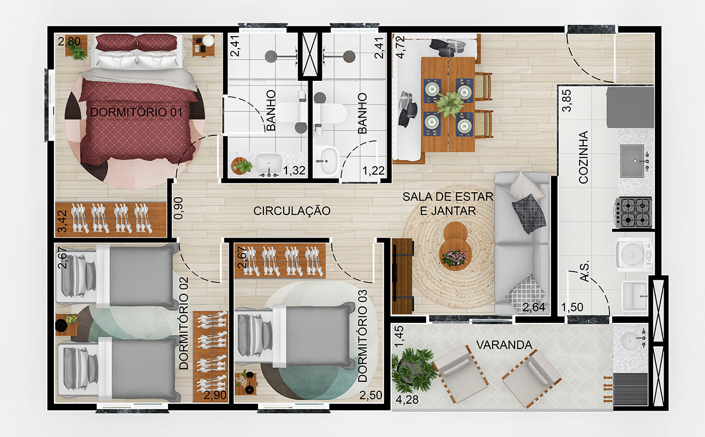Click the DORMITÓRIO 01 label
coord(136,112)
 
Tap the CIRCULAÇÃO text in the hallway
coord(292,211)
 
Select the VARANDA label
coord(504,345)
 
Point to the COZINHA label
coord(583,157)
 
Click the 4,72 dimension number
coord(400,47)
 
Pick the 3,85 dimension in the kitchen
coord(566,101)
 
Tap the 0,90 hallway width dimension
coord(178,208)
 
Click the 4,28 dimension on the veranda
coord(407,399)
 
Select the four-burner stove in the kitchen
coord(633,212)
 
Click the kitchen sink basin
coord(632,161)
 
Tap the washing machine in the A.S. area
coord(633,256)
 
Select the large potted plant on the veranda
coord(413,370)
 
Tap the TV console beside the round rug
coord(403,276)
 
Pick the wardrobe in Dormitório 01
coord(111,219)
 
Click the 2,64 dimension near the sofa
coord(534,307)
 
